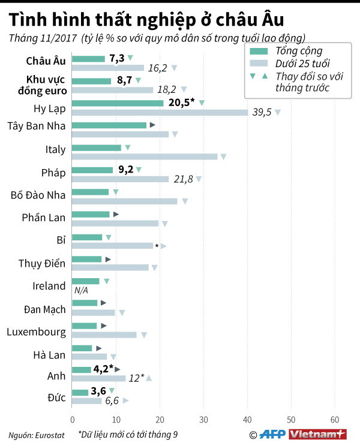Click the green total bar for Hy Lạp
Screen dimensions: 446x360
click(x=118, y=103)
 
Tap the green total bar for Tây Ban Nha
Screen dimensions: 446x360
click(x=109, y=125)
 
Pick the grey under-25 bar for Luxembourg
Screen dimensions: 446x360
click(x=104, y=334)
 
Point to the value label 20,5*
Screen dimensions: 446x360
click(x=181, y=103)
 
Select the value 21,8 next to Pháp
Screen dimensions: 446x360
click(x=183, y=179)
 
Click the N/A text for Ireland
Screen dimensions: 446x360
click(x=82, y=290)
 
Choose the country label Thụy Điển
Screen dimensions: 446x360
click(x=43, y=263)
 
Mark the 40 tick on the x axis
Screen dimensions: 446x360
click(x=247, y=420)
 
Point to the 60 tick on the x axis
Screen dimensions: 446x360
click(x=335, y=420)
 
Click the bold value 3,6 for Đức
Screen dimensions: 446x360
click(x=97, y=391)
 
